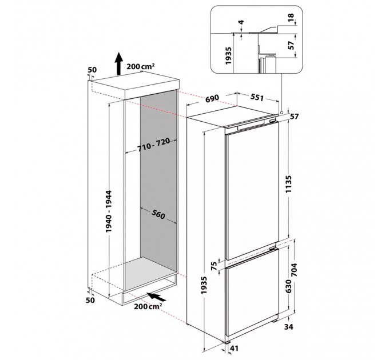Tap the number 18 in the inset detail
pos(292,18)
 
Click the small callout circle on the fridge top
pos(283,112)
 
